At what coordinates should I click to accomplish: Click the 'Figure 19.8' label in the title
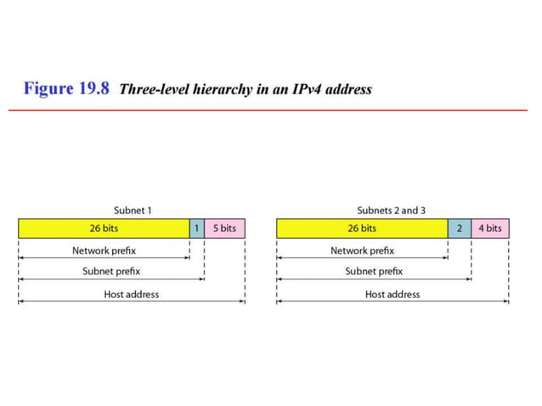coord(66,88)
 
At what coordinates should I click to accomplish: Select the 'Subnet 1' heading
coord(133,210)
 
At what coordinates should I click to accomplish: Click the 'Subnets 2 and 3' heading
coord(391,210)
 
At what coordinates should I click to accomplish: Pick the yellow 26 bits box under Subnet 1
coord(104,228)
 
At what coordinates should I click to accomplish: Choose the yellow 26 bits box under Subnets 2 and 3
coord(362,228)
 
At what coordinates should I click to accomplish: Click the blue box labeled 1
coord(196,228)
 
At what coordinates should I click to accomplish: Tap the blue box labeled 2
coord(460,228)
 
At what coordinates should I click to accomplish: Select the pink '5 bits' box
coord(224,228)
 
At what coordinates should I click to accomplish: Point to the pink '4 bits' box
coord(490,228)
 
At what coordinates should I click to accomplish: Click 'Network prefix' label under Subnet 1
coord(104,251)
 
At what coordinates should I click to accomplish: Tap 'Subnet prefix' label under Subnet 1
coord(111,272)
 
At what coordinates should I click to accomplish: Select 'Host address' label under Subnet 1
coord(131,294)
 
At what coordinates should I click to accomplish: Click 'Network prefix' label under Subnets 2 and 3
coord(362,251)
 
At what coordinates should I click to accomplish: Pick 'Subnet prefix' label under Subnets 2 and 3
coord(374,272)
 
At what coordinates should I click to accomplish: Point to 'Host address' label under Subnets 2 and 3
coord(392,294)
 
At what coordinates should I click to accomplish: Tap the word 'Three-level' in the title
coord(154,89)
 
